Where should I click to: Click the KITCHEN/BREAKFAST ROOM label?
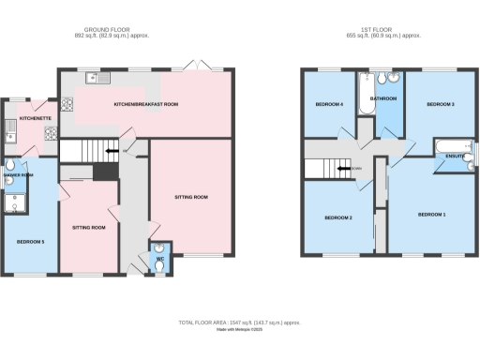(x=146, y=104)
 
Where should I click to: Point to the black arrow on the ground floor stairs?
(x=112, y=150)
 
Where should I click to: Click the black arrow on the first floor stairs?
(x=346, y=169)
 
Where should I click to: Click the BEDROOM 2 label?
(x=337, y=217)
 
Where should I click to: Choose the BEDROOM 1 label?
(x=431, y=215)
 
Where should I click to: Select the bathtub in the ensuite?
(x=446, y=145)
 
